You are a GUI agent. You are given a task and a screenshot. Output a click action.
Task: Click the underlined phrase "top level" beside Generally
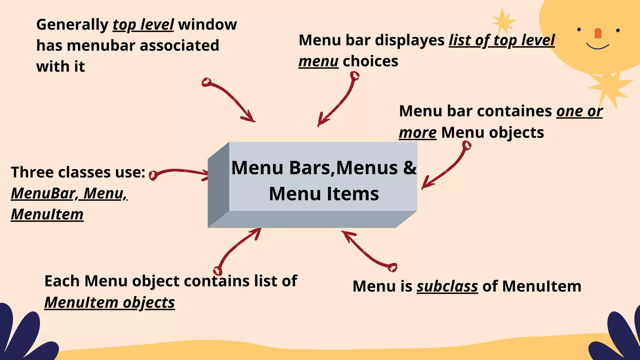point(143,25)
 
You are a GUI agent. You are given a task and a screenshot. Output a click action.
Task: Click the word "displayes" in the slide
point(410,40)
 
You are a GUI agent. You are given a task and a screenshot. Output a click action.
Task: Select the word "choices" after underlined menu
point(370,61)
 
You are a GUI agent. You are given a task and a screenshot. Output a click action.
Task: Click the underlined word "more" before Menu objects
point(417,132)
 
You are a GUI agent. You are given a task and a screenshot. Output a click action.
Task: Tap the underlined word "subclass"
point(447,286)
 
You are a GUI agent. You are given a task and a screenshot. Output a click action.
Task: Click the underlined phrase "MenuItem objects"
point(109,302)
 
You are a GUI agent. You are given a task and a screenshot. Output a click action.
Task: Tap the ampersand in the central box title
point(410,168)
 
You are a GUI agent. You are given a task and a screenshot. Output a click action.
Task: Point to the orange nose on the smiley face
point(598,33)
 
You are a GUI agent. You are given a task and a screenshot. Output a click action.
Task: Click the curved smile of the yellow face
point(597,47)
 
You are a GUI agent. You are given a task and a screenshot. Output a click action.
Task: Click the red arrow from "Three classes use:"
point(180,173)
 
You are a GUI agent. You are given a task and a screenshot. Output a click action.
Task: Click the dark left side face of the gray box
point(218,184)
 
